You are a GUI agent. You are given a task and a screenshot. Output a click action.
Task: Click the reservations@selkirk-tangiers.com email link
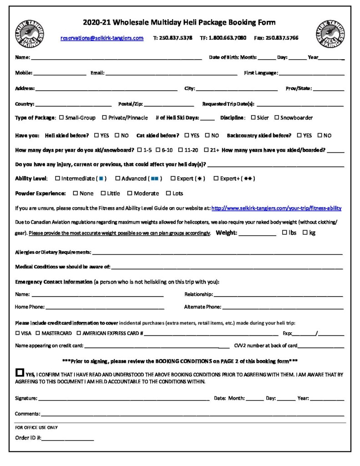pos(102,38)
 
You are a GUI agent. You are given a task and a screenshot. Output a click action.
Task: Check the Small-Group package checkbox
pos(61,118)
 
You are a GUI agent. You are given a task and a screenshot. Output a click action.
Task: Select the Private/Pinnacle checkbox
pos(105,118)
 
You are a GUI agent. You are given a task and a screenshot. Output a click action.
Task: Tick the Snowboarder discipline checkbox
pos(276,118)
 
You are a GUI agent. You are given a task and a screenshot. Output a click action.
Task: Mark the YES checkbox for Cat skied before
pos(187,136)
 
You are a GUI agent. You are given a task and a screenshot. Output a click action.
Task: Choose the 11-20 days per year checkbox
pos(181,150)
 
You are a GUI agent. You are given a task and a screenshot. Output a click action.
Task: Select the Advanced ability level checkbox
pos(117,178)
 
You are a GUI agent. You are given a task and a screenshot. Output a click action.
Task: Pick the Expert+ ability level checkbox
pos(216,178)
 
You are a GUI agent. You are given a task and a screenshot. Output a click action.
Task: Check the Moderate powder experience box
pos(130,193)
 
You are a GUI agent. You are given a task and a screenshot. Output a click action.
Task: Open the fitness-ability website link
pos(276,208)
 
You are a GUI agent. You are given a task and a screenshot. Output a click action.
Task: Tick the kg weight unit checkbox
pos(305,233)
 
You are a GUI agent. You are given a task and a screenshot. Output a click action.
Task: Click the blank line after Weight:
pos(257,233)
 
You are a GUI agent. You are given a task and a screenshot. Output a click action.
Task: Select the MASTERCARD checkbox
pos(38,333)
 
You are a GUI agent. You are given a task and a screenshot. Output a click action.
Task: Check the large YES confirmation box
pos(19,372)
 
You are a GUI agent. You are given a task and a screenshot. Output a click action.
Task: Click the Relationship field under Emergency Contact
pos(278,295)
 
